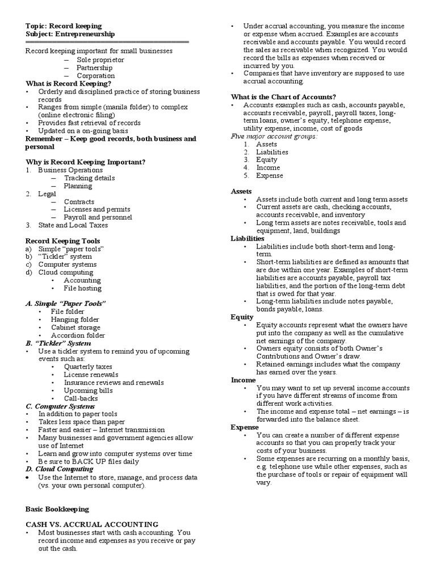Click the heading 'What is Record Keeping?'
click(68, 83)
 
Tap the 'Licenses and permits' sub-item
click(97, 209)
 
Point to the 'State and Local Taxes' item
click(73, 225)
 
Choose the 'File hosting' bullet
click(83, 288)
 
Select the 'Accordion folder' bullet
click(78, 335)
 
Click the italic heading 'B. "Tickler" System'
click(58, 343)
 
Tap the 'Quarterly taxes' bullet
click(88, 367)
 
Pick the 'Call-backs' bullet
click(81, 398)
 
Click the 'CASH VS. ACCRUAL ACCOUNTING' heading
click(92, 524)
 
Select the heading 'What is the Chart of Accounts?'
click(283, 96)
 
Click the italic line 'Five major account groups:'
click(274, 136)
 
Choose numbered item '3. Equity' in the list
click(266, 160)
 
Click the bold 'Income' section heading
click(243, 380)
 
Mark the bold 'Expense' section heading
click(245, 427)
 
